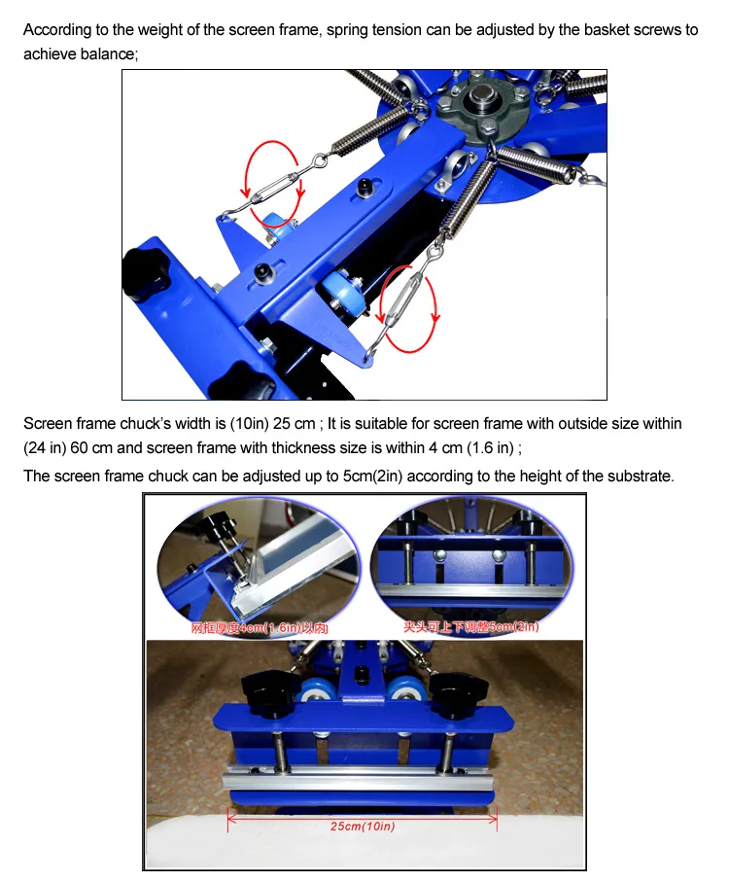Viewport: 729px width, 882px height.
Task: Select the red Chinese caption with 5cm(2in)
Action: coord(470,628)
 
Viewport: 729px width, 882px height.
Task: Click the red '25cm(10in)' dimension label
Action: coord(361,827)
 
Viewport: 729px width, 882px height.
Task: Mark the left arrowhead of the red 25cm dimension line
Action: coord(231,818)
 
